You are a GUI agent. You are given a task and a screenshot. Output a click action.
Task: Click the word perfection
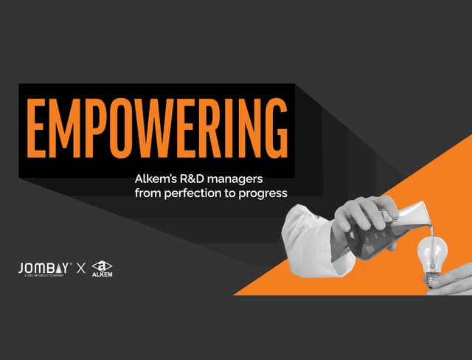(193, 194)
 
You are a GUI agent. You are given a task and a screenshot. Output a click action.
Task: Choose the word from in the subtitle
(147, 194)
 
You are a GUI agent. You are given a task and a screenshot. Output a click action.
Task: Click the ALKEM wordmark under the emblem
(103, 277)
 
